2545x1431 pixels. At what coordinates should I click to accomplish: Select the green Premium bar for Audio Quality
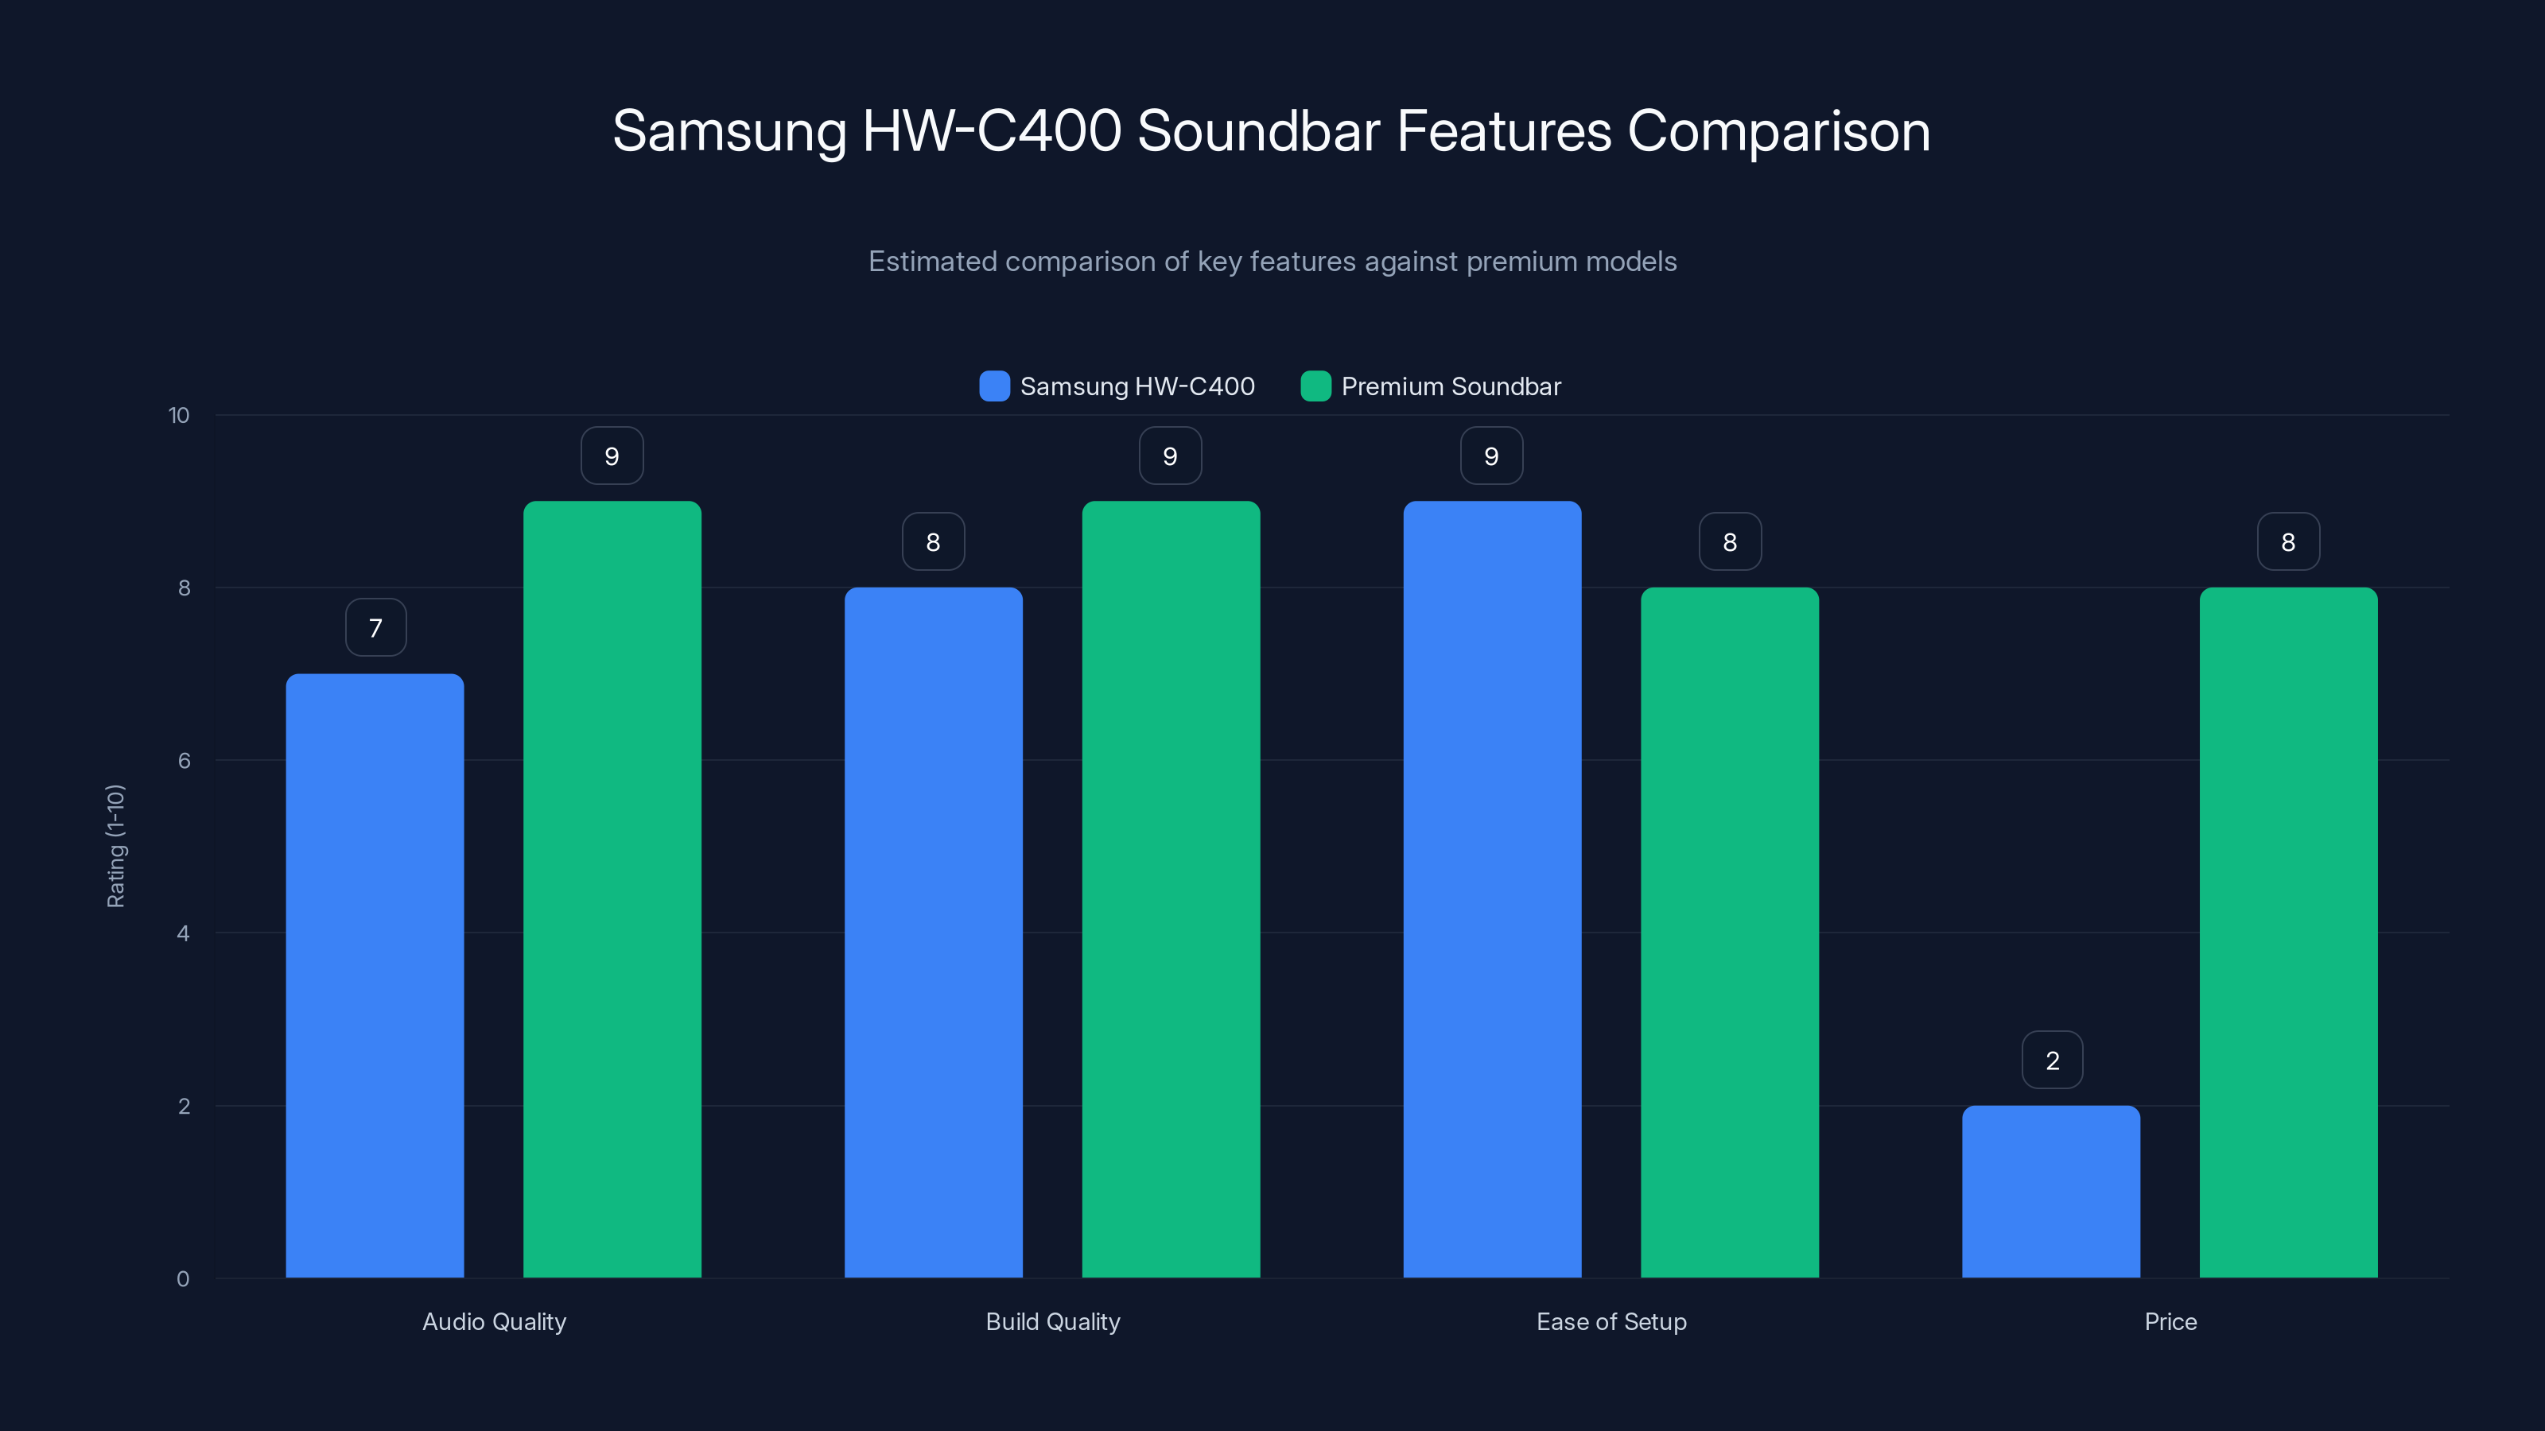[612, 889]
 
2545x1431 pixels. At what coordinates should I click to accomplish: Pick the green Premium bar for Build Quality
[1171, 889]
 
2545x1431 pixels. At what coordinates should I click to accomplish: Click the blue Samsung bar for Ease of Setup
[1492, 889]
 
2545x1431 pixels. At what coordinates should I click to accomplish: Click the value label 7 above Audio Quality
[375, 628]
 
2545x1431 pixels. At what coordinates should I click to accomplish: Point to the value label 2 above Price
[2052, 1061]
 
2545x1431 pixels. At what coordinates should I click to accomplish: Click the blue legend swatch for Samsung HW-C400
[994, 386]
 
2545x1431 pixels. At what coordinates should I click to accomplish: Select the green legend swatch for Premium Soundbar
[1315, 386]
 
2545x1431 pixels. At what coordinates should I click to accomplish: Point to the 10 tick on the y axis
[179, 416]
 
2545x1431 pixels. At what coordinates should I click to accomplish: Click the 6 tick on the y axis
[184, 761]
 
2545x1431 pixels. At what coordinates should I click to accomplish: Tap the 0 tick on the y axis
[183, 1279]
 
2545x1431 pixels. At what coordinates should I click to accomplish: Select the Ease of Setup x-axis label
[1611, 1321]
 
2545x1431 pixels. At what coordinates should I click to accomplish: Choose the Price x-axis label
[2170, 1321]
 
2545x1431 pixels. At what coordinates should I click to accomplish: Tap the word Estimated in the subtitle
[931, 262]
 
